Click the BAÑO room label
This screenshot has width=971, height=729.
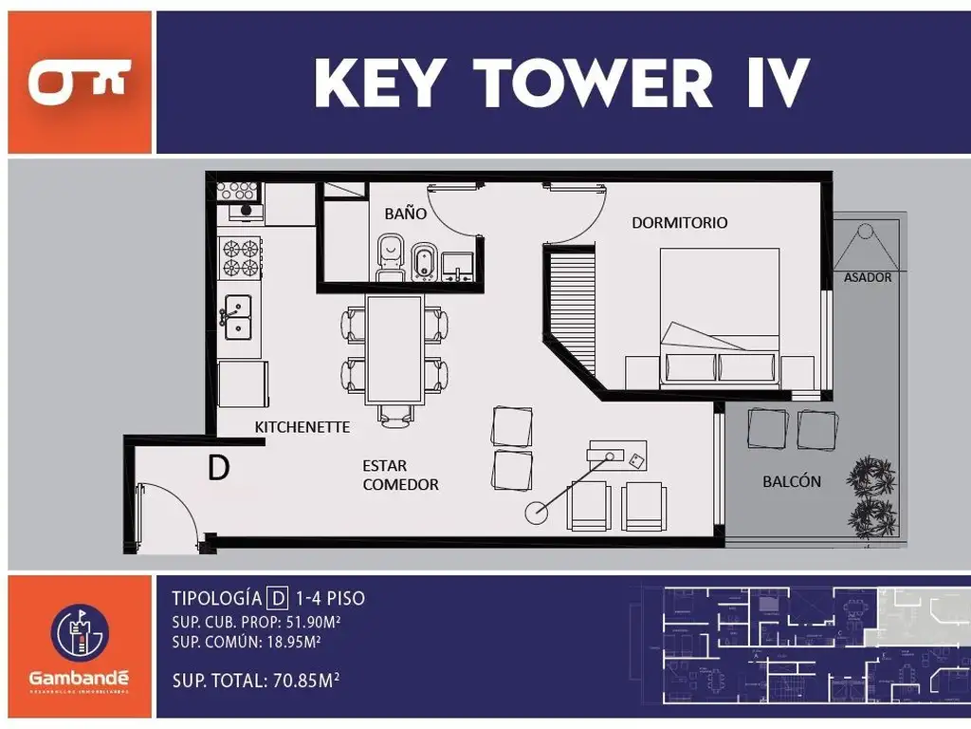click(x=405, y=214)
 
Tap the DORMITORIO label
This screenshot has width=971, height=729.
click(x=680, y=223)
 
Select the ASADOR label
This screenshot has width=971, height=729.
click(x=868, y=277)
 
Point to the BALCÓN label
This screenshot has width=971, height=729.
click(x=792, y=481)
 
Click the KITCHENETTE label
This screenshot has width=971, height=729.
click(x=302, y=427)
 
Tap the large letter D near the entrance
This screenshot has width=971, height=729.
click(x=218, y=468)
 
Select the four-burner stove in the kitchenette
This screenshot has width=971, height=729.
click(x=240, y=257)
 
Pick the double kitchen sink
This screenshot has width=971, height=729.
click(x=236, y=316)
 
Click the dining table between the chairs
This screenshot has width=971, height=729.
click(x=394, y=349)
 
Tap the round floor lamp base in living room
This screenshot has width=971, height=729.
click(x=536, y=514)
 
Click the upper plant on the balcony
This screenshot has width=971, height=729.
click(x=870, y=475)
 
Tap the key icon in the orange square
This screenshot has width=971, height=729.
click(x=79, y=83)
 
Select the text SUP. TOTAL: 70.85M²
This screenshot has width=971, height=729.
click(x=256, y=681)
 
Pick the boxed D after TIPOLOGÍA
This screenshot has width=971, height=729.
click(x=277, y=598)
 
